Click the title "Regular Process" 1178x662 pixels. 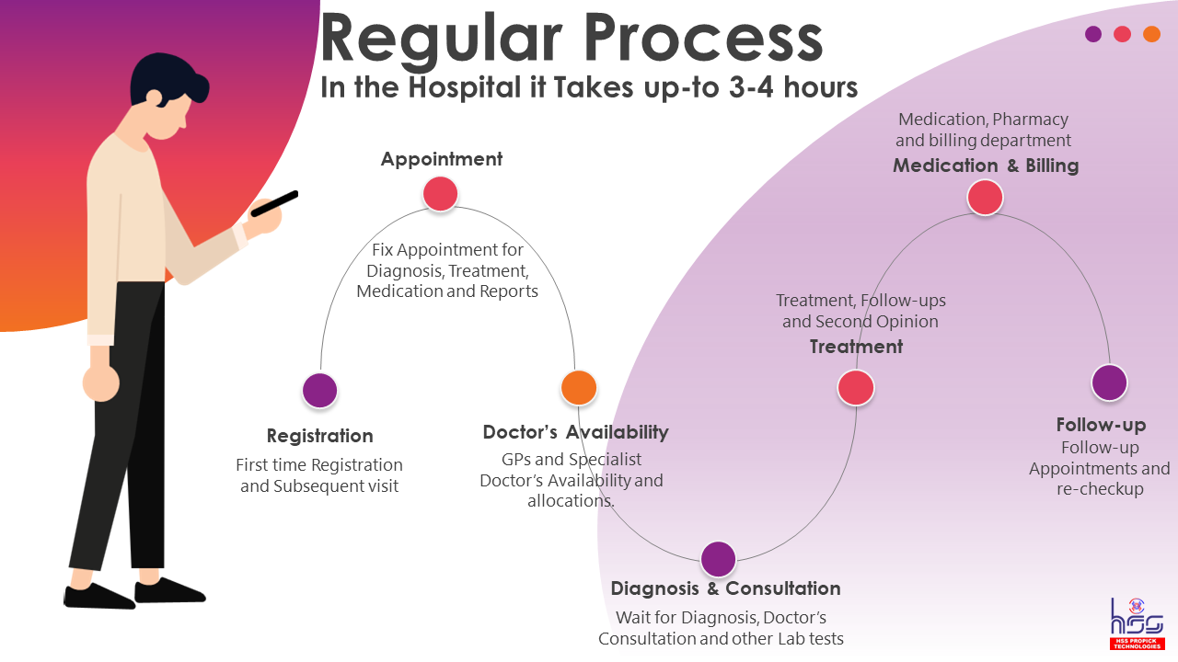[571, 39]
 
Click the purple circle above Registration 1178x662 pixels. [319, 390]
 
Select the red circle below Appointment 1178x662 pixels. [440, 193]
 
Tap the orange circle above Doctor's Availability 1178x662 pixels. [579, 387]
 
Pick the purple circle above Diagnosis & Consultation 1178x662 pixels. [718, 558]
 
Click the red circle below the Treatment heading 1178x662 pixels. [855, 387]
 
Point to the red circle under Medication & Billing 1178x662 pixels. [985, 197]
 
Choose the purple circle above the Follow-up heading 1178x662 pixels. [1109, 382]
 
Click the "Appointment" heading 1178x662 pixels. [442, 159]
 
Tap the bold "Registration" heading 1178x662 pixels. [319, 436]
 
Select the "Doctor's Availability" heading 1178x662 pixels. [575, 432]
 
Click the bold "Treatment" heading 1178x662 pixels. [856, 347]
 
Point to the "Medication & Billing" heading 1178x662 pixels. [985, 166]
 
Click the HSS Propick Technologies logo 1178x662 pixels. [1137, 622]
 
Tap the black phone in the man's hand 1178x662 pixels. [274, 203]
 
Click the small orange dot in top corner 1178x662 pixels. [1151, 34]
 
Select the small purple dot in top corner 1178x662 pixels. [1093, 34]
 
